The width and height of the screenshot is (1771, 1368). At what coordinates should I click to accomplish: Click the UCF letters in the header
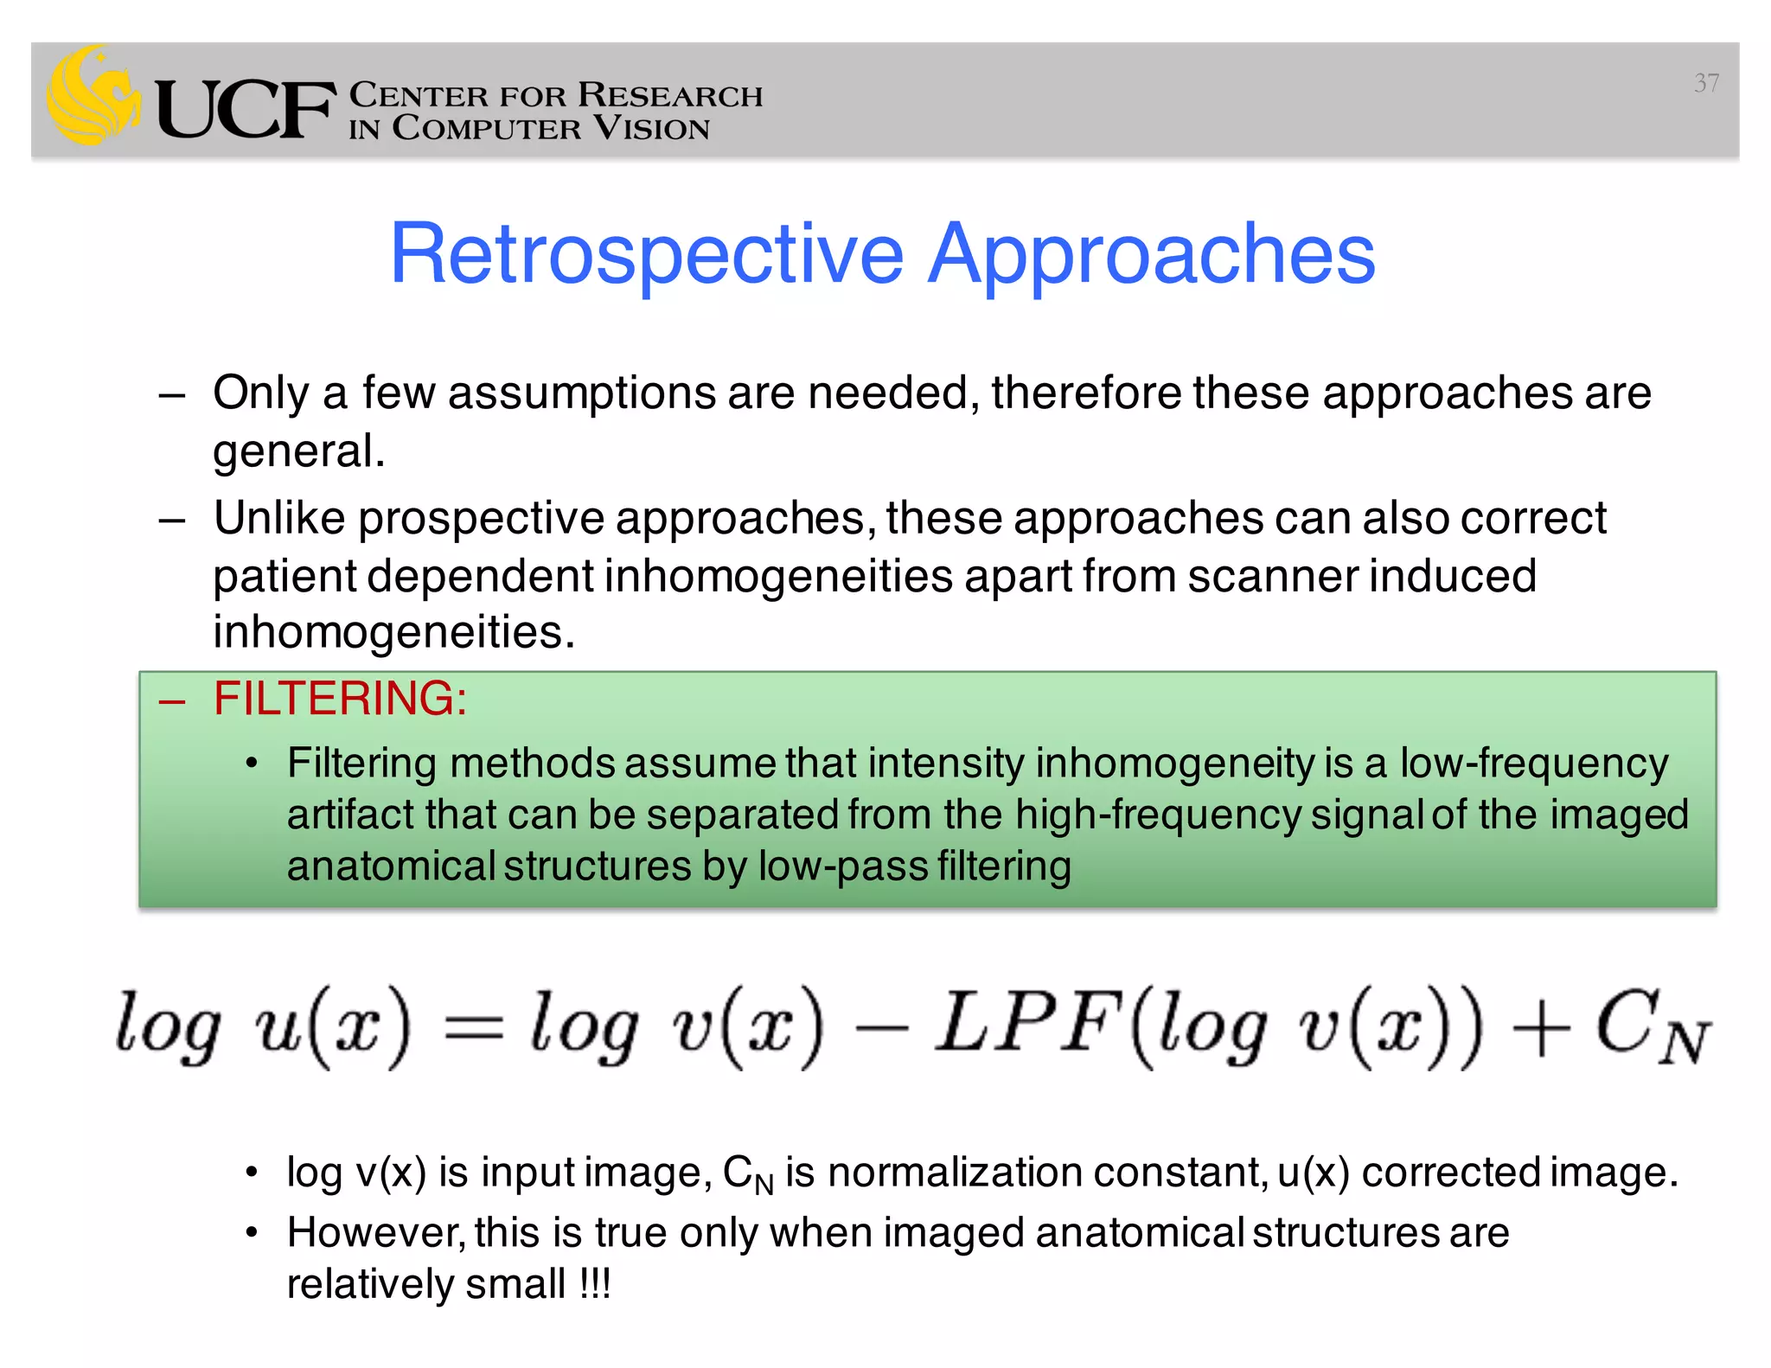(245, 110)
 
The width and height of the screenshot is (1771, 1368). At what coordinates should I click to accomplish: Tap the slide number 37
(1705, 83)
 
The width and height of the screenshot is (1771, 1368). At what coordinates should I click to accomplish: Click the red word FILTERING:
(340, 699)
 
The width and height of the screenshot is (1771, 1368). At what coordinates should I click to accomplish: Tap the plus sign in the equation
(1542, 1029)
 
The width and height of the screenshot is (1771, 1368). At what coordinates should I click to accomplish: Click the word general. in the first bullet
(299, 451)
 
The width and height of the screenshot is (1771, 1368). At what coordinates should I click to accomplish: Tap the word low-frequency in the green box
(1534, 764)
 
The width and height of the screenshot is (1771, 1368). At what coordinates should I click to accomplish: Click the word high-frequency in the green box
(1158, 815)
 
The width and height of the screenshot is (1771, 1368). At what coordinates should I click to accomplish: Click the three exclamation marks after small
(595, 1284)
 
